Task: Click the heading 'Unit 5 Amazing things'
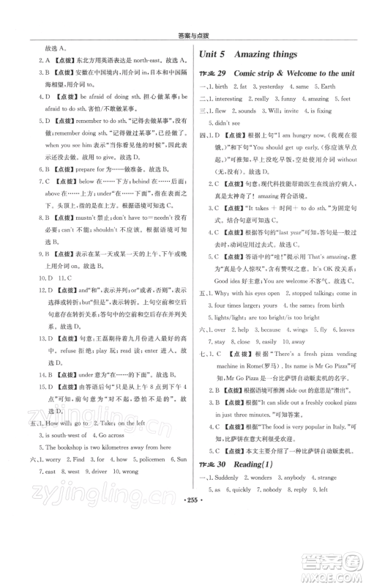248,54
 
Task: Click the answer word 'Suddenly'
230,517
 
